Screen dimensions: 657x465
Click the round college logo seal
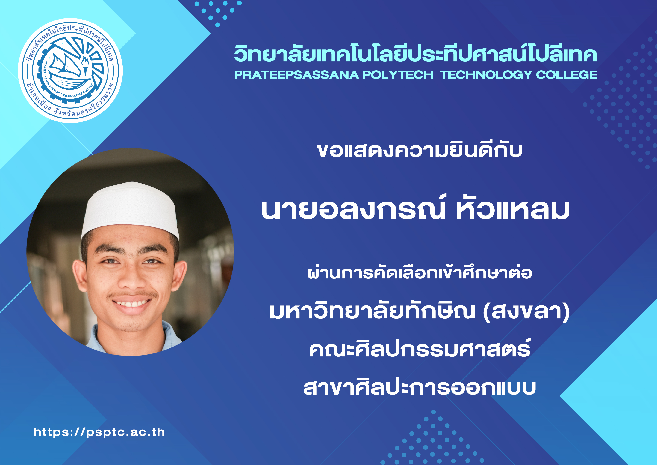point(70,70)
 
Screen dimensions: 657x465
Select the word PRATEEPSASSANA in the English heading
point(296,75)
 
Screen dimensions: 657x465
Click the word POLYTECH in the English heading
point(398,75)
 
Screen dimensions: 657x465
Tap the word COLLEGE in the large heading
point(567,75)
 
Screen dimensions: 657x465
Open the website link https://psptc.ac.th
point(99,432)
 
